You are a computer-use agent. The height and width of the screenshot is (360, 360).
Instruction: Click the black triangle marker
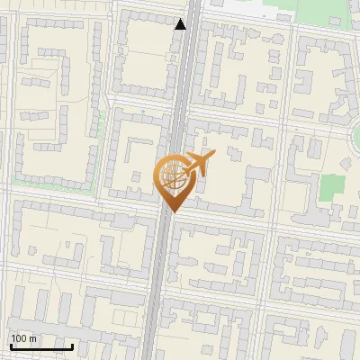pyautogui.click(x=181, y=24)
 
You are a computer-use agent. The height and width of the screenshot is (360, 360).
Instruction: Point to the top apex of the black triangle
pyautogui.click(x=181, y=18)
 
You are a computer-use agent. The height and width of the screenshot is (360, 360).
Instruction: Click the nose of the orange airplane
pyautogui.click(x=213, y=155)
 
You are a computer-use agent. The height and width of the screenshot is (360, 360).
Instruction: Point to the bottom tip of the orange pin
pyautogui.click(x=171, y=211)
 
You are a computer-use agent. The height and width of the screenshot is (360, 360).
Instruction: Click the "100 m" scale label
pyautogui.click(x=23, y=338)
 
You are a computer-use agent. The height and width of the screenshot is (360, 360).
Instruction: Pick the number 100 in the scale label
pyautogui.click(x=19, y=338)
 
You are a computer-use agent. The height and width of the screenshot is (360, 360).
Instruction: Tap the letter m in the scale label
pyautogui.click(x=32, y=338)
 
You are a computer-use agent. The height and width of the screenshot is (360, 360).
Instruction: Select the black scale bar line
pyautogui.click(x=40, y=346)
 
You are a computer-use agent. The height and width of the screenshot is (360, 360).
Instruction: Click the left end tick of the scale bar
pyautogui.click(x=10, y=344)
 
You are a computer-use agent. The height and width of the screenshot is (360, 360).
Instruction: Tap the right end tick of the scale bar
pyautogui.click(x=72, y=344)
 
